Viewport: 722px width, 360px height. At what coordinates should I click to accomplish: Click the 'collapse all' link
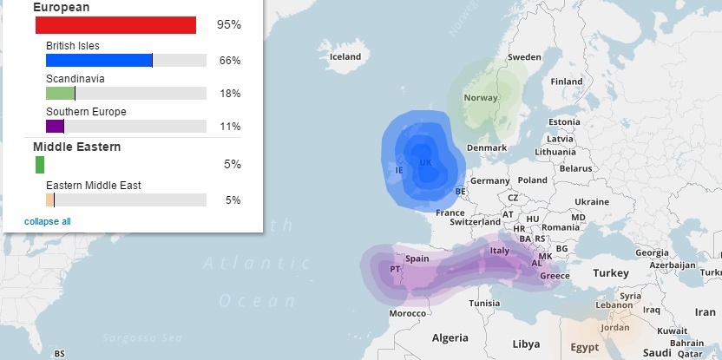(48, 221)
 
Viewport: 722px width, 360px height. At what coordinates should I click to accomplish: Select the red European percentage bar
(115, 25)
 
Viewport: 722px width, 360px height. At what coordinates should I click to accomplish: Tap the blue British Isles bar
(99, 61)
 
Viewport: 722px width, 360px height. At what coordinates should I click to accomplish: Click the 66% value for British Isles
(229, 61)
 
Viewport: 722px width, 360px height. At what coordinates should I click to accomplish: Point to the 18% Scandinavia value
(229, 94)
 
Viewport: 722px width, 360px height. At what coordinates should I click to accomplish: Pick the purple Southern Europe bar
(55, 127)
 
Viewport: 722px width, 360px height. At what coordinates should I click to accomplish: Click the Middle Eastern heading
(76, 147)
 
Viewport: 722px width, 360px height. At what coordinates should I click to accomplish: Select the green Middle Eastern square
(40, 165)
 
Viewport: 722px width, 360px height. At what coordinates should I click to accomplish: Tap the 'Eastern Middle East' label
(94, 185)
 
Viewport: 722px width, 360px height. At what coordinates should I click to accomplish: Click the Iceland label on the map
(345, 57)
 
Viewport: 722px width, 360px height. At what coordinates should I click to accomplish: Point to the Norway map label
(481, 97)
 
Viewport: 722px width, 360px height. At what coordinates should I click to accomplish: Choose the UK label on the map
(425, 162)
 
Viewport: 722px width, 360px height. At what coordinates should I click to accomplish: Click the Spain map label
(417, 258)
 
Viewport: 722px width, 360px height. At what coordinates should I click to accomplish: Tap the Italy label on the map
(500, 251)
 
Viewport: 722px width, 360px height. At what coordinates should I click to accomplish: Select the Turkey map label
(610, 272)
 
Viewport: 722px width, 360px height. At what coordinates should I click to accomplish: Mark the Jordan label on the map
(614, 327)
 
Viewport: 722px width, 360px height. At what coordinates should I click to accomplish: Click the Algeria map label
(450, 337)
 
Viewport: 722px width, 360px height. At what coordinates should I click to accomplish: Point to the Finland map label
(567, 82)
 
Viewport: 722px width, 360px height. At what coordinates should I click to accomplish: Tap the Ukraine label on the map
(592, 201)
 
